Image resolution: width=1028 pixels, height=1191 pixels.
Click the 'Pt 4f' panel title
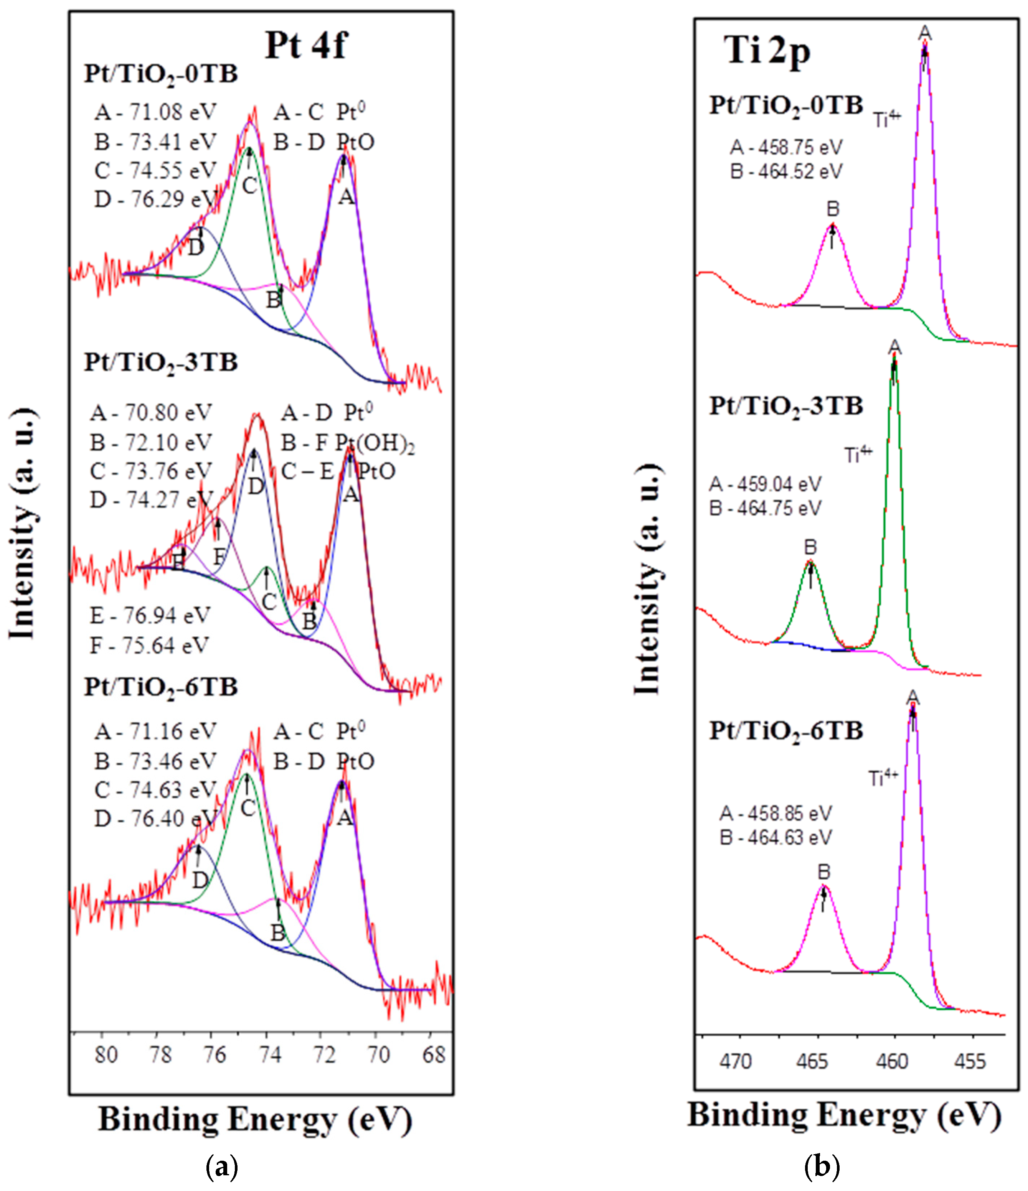(305, 45)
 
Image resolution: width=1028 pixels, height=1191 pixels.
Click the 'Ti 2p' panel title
(767, 52)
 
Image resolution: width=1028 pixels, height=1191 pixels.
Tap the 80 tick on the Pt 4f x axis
(106, 1055)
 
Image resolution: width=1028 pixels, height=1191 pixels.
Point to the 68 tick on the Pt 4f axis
(434, 1055)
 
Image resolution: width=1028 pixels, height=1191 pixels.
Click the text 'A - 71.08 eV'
(155, 112)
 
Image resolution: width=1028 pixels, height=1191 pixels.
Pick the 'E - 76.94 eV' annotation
(150, 616)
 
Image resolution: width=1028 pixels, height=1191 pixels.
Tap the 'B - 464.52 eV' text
(786, 172)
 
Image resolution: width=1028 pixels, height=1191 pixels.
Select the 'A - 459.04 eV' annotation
(765, 484)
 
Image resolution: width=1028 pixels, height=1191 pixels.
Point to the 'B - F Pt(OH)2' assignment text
(347, 443)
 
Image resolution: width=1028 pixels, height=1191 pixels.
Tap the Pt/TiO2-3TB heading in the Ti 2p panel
(786, 406)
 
